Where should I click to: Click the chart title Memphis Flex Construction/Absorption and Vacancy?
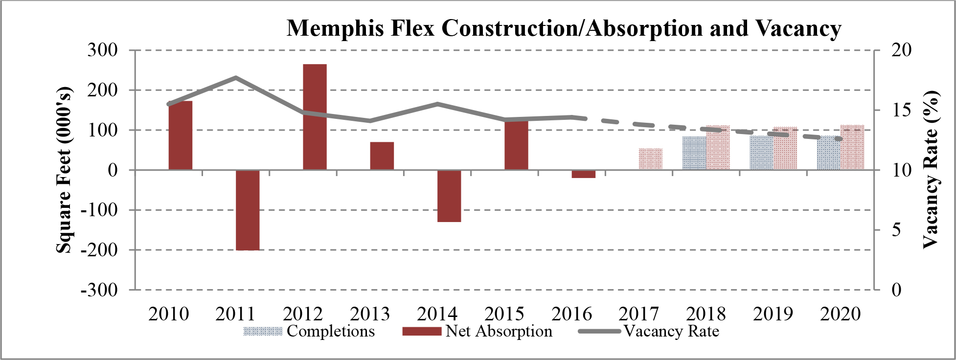(564, 28)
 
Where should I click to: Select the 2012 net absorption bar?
(315, 117)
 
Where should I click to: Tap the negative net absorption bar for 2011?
(248, 210)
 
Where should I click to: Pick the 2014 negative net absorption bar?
(449, 196)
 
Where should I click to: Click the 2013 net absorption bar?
(382, 156)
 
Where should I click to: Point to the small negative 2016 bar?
(584, 174)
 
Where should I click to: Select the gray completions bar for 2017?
(651, 159)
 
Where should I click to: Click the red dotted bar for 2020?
(852, 148)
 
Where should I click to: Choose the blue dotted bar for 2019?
(761, 153)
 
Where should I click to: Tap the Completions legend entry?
(309, 332)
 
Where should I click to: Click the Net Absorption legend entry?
(478, 332)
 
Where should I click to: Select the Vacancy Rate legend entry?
(649, 332)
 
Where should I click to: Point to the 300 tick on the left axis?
(103, 50)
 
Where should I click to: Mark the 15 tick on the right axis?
(901, 110)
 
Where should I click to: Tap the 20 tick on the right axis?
(901, 50)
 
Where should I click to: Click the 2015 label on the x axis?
(504, 314)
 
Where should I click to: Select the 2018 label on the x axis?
(706, 314)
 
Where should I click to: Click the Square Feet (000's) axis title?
(64, 170)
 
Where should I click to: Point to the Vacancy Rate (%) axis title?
(931, 170)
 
